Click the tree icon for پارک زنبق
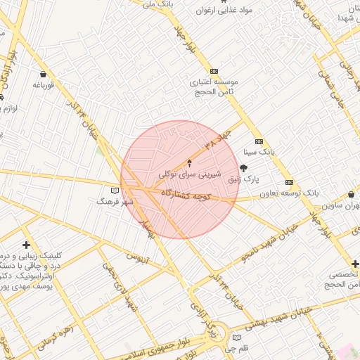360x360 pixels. tap(244, 167)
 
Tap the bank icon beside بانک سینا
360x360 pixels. tap(259, 141)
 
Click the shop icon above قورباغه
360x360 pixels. tap(44, 74)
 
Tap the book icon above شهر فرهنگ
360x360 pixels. tap(115, 190)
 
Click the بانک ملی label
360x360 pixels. tap(157, 4)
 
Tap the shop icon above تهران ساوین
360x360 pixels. tap(351, 195)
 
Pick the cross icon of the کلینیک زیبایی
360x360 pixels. tap(26, 245)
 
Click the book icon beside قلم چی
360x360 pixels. tap(237, 337)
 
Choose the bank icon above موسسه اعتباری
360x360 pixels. tap(214, 70)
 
